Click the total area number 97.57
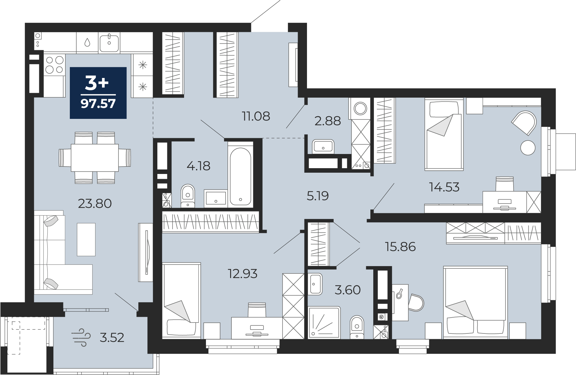coord(98,104)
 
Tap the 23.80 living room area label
coord(95,204)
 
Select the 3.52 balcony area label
coord(112,338)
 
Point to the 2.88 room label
coord(328,121)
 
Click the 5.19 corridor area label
coord(318,196)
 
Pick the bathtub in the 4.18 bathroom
coord(240,176)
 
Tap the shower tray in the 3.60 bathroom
coord(324,322)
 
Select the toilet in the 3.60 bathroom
coord(357,327)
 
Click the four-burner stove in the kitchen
coord(54,65)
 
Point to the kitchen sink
coord(109,43)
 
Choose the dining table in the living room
coord(95,158)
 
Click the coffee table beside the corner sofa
coord(86,239)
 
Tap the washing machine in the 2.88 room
coord(360,109)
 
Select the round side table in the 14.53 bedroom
coord(528,148)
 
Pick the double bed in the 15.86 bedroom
coord(475,302)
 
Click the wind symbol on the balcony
coord(81,337)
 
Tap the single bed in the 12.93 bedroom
coord(181,300)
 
